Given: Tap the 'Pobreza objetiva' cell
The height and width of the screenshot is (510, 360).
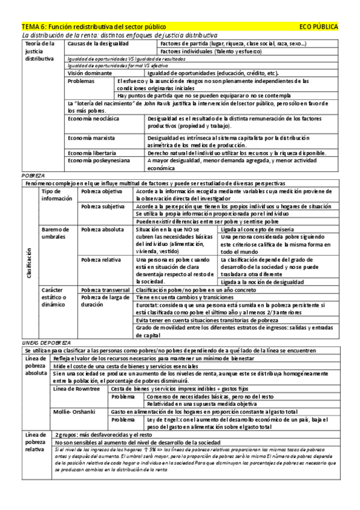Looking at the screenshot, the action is pyautogui.click(x=100, y=190).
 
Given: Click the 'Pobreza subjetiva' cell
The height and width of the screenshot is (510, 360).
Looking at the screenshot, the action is pyautogui.click(x=102, y=206).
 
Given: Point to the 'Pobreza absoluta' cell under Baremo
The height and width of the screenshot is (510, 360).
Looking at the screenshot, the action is pyautogui.click(x=102, y=230).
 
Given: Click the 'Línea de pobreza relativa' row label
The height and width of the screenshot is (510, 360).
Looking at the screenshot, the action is pyautogui.click(x=34, y=441).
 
